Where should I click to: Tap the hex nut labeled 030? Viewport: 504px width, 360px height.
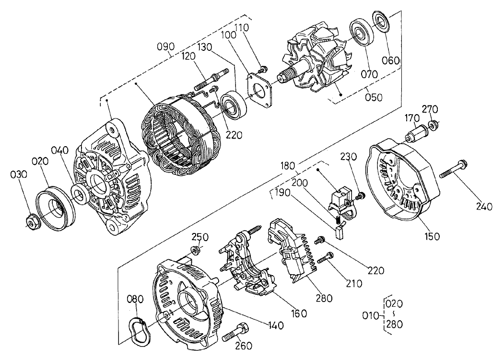pos(32,221)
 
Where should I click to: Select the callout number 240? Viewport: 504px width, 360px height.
pos(484,207)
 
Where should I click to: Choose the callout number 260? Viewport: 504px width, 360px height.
pos(244,345)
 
